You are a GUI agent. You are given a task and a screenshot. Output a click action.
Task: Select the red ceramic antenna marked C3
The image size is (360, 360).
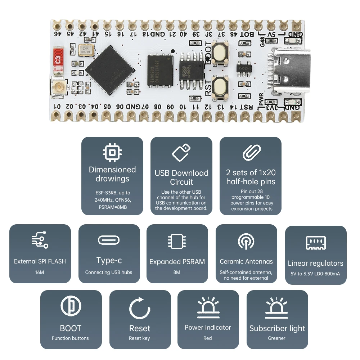click(59, 59)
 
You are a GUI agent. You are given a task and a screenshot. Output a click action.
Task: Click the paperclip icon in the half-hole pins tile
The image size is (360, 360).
click(251, 152)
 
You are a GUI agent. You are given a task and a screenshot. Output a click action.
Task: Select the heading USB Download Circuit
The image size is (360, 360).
click(181, 177)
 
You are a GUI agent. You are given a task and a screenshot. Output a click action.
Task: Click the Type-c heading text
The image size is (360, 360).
click(109, 260)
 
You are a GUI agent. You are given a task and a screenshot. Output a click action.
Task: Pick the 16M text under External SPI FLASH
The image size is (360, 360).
click(40, 272)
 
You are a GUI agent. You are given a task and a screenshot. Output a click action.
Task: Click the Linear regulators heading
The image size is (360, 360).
click(315, 263)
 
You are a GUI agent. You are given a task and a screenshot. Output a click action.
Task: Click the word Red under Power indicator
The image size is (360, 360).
click(208, 338)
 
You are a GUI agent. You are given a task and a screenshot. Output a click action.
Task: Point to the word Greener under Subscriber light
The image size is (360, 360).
click(277, 338)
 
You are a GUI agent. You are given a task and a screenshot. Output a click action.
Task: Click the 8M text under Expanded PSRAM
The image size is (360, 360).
click(177, 272)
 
